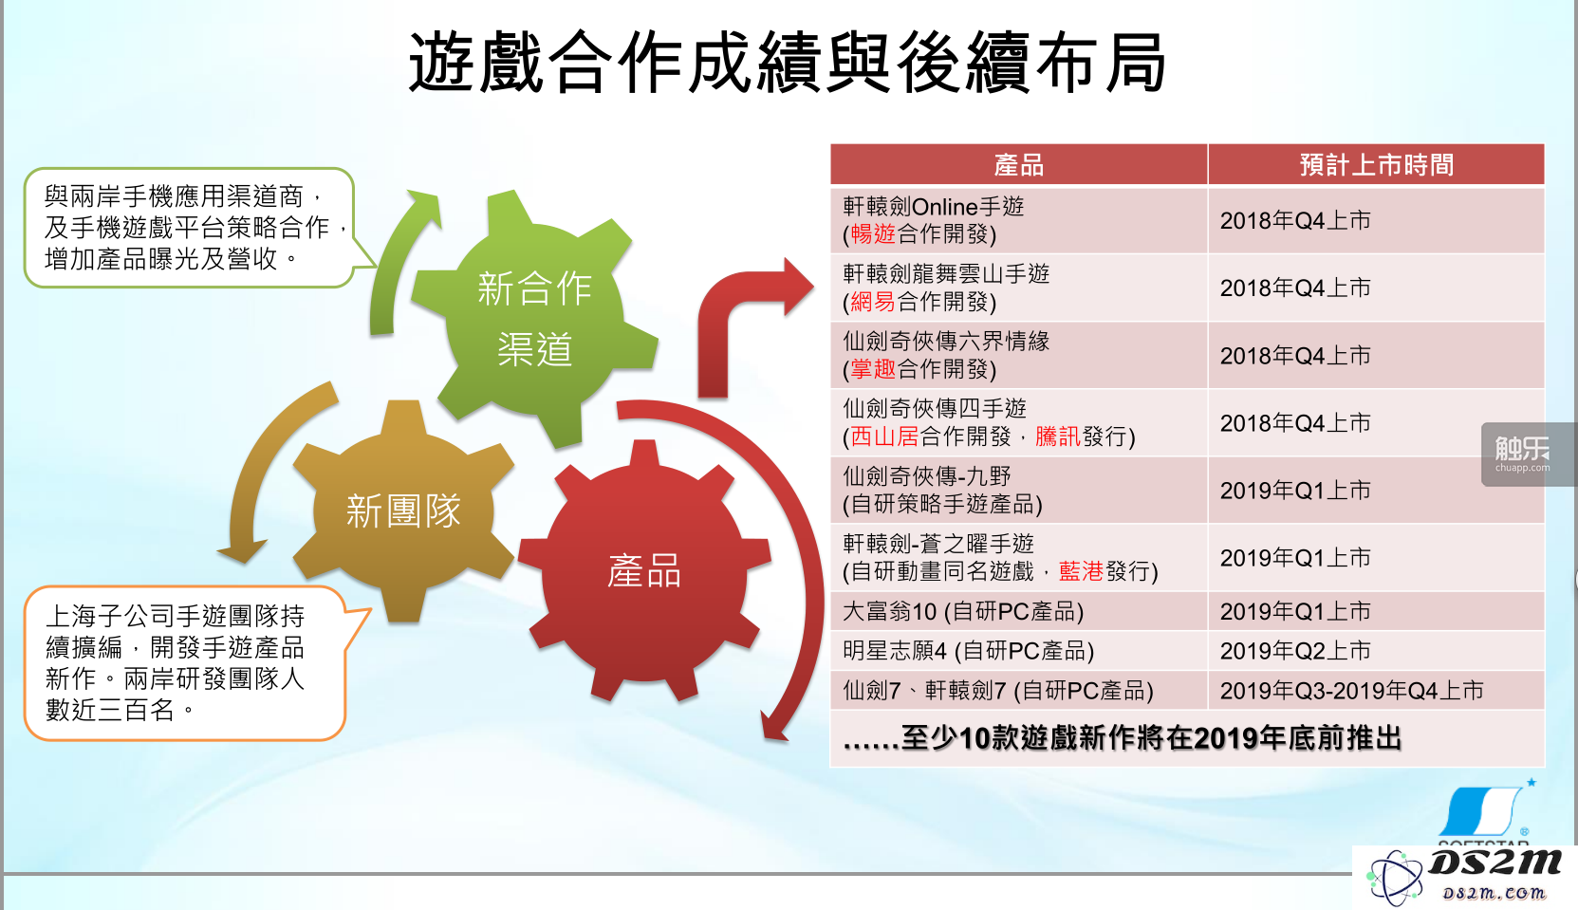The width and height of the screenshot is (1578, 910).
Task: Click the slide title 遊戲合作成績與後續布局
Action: click(x=787, y=62)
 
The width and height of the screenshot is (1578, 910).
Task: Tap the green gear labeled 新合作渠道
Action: click(x=534, y=317)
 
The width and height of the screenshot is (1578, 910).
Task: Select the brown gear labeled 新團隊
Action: click(x=403, y=511)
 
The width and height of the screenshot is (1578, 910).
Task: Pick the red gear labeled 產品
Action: click(x=644, y=570)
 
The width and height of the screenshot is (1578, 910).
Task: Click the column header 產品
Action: click(x=1019, y=165)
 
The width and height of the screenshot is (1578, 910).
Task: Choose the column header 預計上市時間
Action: click(x=1377, y=165)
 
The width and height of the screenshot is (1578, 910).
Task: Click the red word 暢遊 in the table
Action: click(x=874, y=233)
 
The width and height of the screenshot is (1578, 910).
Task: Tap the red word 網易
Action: click(x=874, y=302)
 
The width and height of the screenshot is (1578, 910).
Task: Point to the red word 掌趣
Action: click(x=874, y=369)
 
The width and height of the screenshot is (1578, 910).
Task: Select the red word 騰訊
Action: click(x=1058, y=436)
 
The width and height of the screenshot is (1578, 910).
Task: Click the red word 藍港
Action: click(x=1082, y=571)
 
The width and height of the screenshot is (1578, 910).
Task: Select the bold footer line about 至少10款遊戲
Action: click(x=1122, y=738)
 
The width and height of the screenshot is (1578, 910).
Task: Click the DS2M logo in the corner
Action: click(x=1464, y=876)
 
